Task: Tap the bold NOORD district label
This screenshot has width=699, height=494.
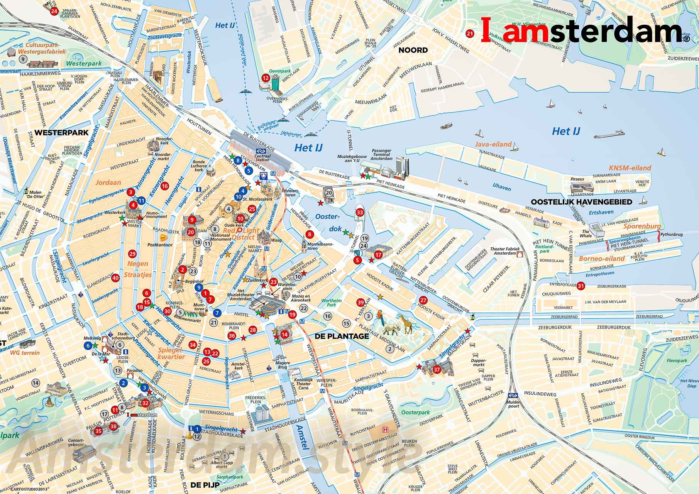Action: [413, 50]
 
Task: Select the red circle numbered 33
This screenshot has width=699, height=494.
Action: [360, 212]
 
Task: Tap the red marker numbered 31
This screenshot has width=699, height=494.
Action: [581, 286]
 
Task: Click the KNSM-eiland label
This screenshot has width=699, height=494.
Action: [630, 168]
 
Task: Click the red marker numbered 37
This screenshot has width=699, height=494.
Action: [437, 369]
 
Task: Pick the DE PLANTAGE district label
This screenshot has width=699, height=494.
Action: [342, 336]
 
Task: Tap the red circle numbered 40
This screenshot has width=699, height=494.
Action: [115, 278]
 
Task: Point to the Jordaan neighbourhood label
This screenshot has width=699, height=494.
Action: [109, 183]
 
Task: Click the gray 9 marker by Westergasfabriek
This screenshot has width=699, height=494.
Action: [23, 59]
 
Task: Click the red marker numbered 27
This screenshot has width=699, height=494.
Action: [423, 301]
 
